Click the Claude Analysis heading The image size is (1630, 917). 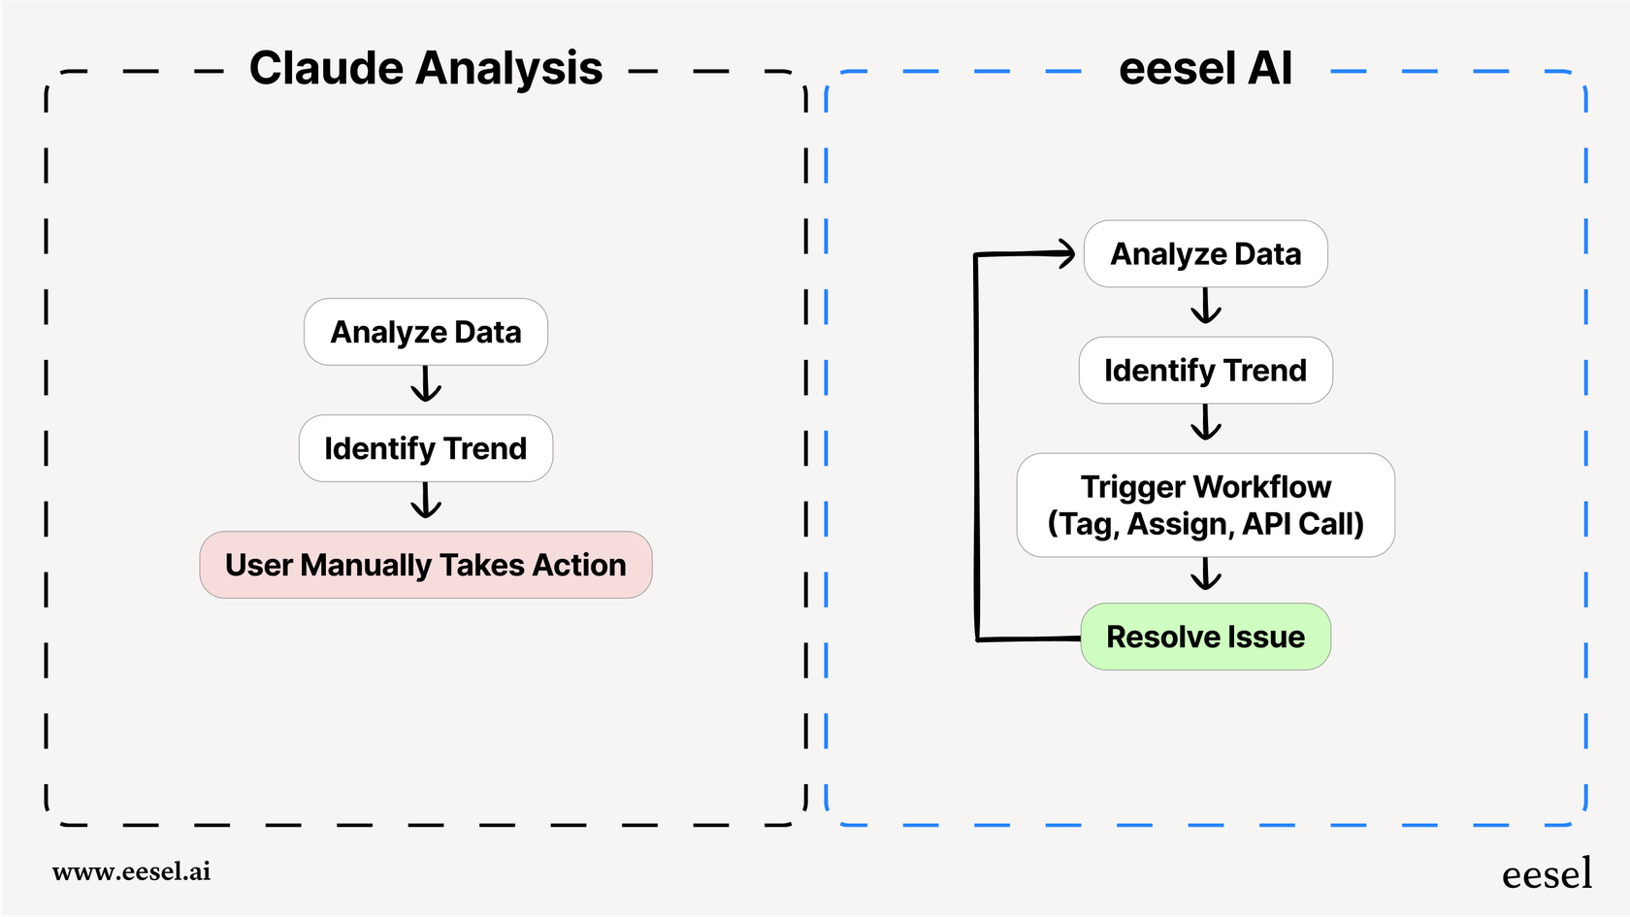pyautogui.click(x=425, y=69)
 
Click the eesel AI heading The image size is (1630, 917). pyautogui.click(x=1205, y=69)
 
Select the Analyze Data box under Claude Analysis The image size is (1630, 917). pyautogui.click(x=425, y=332)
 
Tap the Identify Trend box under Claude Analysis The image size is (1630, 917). pyautogui.click(x=425, y=448)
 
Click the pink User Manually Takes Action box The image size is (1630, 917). pyautogui.click(x=425, y=565)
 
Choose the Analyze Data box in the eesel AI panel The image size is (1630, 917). pyautogui.click(x=1205, y=254)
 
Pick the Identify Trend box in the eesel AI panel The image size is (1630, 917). pyautogui.click(x=1205, y=371)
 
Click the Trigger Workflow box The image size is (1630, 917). pyautogui.click(x=1205, y=505)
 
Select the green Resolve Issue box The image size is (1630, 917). pyautogui.click(x=1205, y=637)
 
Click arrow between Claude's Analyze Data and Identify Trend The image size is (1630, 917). pyautogui.click(x=426, y=385)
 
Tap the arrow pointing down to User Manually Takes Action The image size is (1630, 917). pyautogui.click(x=426, y=502)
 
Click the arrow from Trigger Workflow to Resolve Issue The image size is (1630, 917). pyautogui.click(x=1206, y=574)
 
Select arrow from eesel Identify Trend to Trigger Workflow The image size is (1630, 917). pyautogui.click(x=1206, y=423)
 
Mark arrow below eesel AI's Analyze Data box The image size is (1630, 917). pyautogui.click(x=1206, y=307)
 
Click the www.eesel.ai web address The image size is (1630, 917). pyautogui.click(x=131, y=871)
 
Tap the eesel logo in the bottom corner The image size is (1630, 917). pyautogui.click(x=1547, y=874)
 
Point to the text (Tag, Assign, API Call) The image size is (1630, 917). pyautogui.click(x=1205, y=524)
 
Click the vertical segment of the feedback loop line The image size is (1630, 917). pyautogui.click(x=976, y=446)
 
